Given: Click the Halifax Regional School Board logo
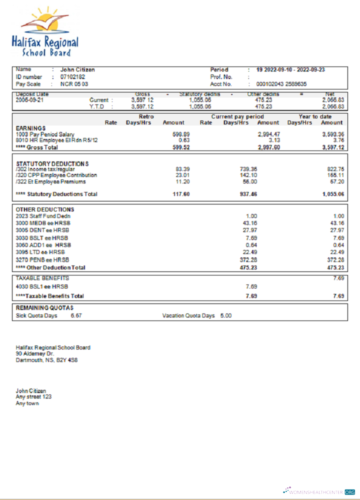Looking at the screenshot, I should pyautogui.click(x=45, y=32).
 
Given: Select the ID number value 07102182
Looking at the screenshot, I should pyautogui.click(x=72, y=77).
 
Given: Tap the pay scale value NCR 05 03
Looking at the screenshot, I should pyautogui.click(x=74, y=84).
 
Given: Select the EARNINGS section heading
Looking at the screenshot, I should pyautogui.click(x=30, y=128).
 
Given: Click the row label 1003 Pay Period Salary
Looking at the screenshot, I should pyautogui.click(x=45, y=134).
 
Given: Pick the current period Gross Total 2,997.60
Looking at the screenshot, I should pyautogui.click(x=268, y=147).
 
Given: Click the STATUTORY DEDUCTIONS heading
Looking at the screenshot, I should pyautogui.click(x=52, y=163).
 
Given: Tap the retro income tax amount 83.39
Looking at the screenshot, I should pyautogui.click(x=182, y=169).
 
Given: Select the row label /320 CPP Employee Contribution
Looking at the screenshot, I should pyautogui.click(x=56, y=175).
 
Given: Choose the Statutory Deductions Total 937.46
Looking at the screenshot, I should pyautogui.click(x=248, y=194).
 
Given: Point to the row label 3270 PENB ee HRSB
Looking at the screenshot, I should pyautogui.click(x=42, y=260).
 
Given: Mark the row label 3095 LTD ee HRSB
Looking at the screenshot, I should pyautogui.click(x=40, y=252).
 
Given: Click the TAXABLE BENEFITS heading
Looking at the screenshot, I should pyautogui.click(x=42, y=278).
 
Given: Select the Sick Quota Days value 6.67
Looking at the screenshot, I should pyautogui.click(x=76, y=316).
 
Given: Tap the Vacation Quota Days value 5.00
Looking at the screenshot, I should pyautogui.click(x=226, y=316).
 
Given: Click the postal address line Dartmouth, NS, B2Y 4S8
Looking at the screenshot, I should pyautogui.click(x=46, y=359).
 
